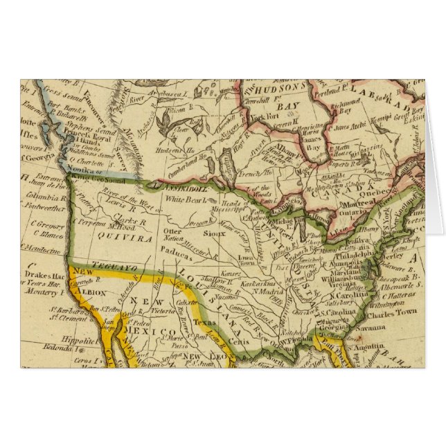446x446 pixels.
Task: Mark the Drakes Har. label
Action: click(x=44, y=275)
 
